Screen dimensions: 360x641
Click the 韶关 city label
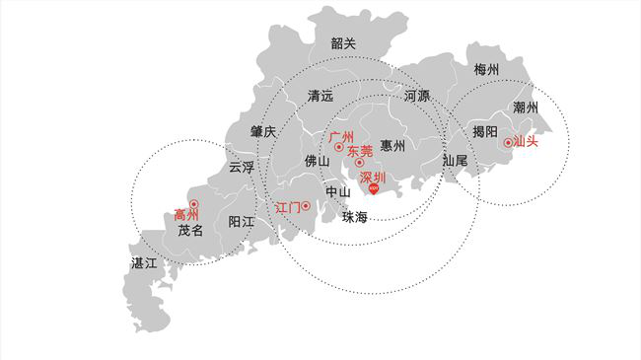tap(343, 43)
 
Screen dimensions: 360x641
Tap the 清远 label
tap(320, 97)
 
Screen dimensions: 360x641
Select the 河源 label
tap(416, 97)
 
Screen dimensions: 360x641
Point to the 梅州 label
tap(486, 70)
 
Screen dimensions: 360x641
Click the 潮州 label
tap(526, 108)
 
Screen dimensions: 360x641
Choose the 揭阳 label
tap(484, 131)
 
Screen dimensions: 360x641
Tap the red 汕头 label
tap(527, 142)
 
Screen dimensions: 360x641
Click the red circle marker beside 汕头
tap(508, 142)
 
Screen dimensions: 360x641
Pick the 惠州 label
tap(392, 147)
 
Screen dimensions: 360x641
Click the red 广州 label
tap(341, 135)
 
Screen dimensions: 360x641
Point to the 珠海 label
tap(355, 217)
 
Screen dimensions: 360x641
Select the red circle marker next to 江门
tap(307, 206)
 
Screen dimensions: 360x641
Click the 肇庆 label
tap(263, 131)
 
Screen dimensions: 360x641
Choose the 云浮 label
tap(242, 168)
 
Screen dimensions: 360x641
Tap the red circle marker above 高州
tap(193, 204)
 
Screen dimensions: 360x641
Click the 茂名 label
tap(190, 231)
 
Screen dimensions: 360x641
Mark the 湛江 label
tap(144, 263)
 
